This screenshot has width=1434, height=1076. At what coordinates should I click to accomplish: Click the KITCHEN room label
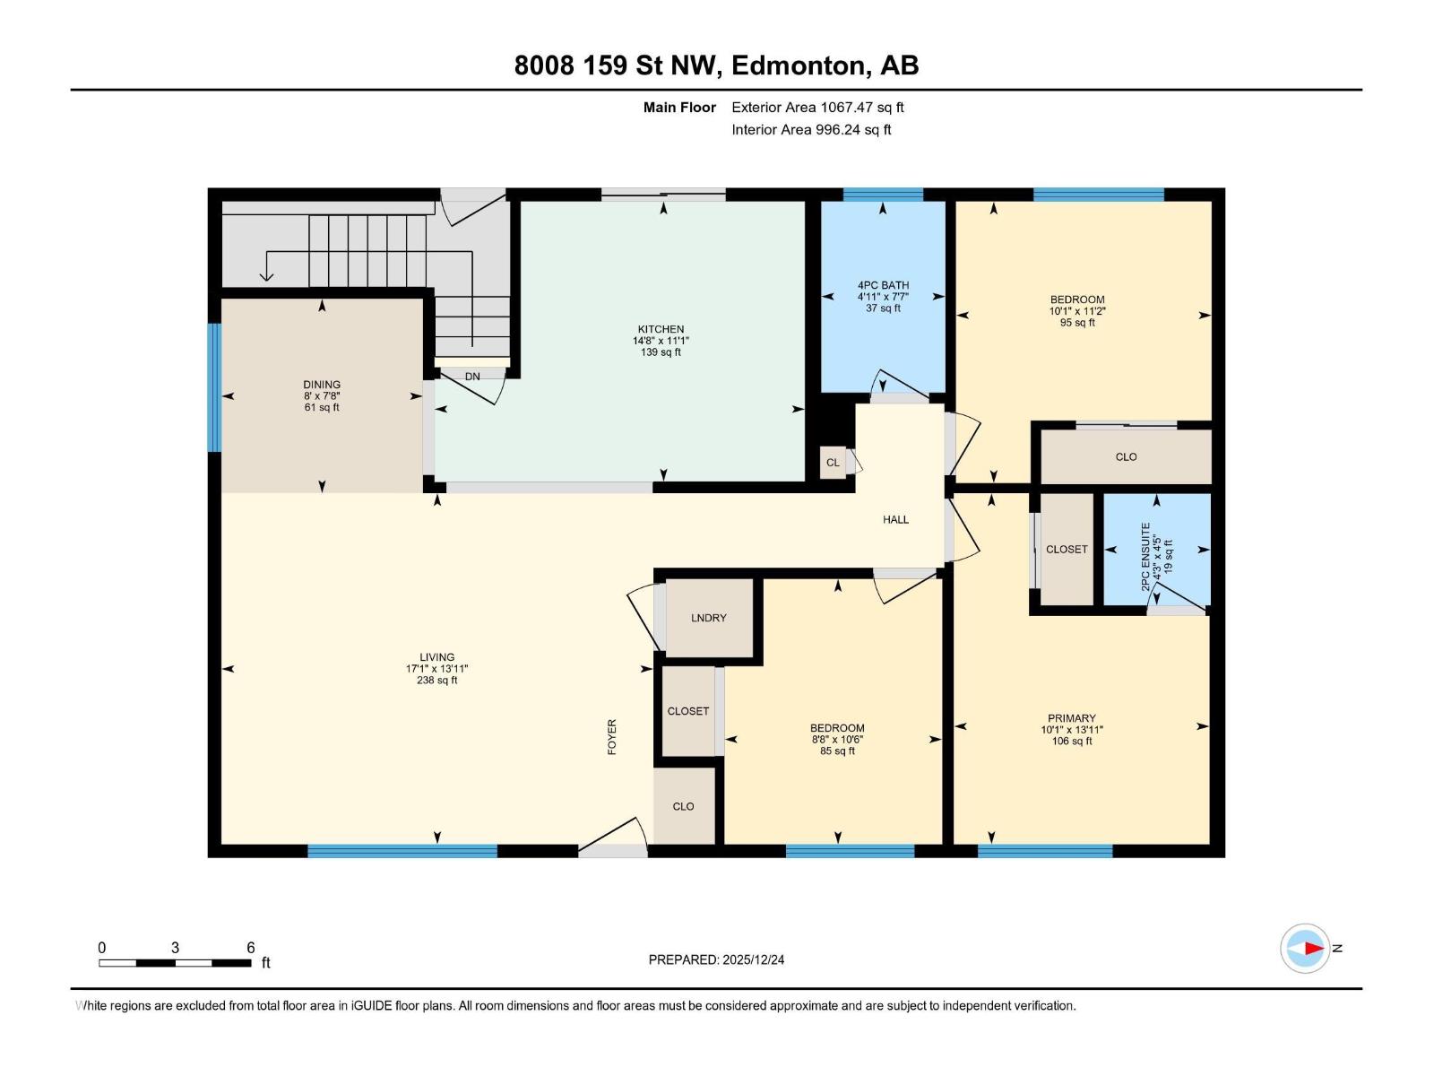(x=661, y=329)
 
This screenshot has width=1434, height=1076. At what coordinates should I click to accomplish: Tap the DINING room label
(x=322, y=385)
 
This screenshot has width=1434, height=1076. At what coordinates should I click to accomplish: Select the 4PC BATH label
(x=883, y=285)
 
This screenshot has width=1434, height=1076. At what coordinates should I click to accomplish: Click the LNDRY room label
(x=708, y=618)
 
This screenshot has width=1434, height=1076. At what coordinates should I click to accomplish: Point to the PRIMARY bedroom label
(x=1072, y=718)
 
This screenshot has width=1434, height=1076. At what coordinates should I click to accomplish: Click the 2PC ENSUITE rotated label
(x=1145, y=556)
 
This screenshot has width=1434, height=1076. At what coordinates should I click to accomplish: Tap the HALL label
(x=895, y=519)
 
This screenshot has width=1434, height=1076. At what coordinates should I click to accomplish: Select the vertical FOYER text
(x=612, y=736)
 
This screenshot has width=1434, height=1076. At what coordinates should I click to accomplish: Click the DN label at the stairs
(x=472, y=377)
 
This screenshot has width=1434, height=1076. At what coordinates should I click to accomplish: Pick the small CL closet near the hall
(x=833, y=463)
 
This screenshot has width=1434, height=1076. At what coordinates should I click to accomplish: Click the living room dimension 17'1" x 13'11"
(x=436, y=669)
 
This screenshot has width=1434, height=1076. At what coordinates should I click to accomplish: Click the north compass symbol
(x=1305, y=948)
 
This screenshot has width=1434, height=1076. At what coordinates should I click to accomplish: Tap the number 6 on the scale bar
(x=251, y=948)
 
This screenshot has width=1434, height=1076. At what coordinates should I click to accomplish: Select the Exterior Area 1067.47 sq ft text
(x=817, y=108)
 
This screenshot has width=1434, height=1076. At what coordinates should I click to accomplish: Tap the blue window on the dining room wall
(x=214, y=387)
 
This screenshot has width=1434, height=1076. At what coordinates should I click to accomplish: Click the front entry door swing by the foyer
(x=618, y=838)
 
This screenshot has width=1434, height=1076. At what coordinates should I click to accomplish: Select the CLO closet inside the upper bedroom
(x=1126, y=456)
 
